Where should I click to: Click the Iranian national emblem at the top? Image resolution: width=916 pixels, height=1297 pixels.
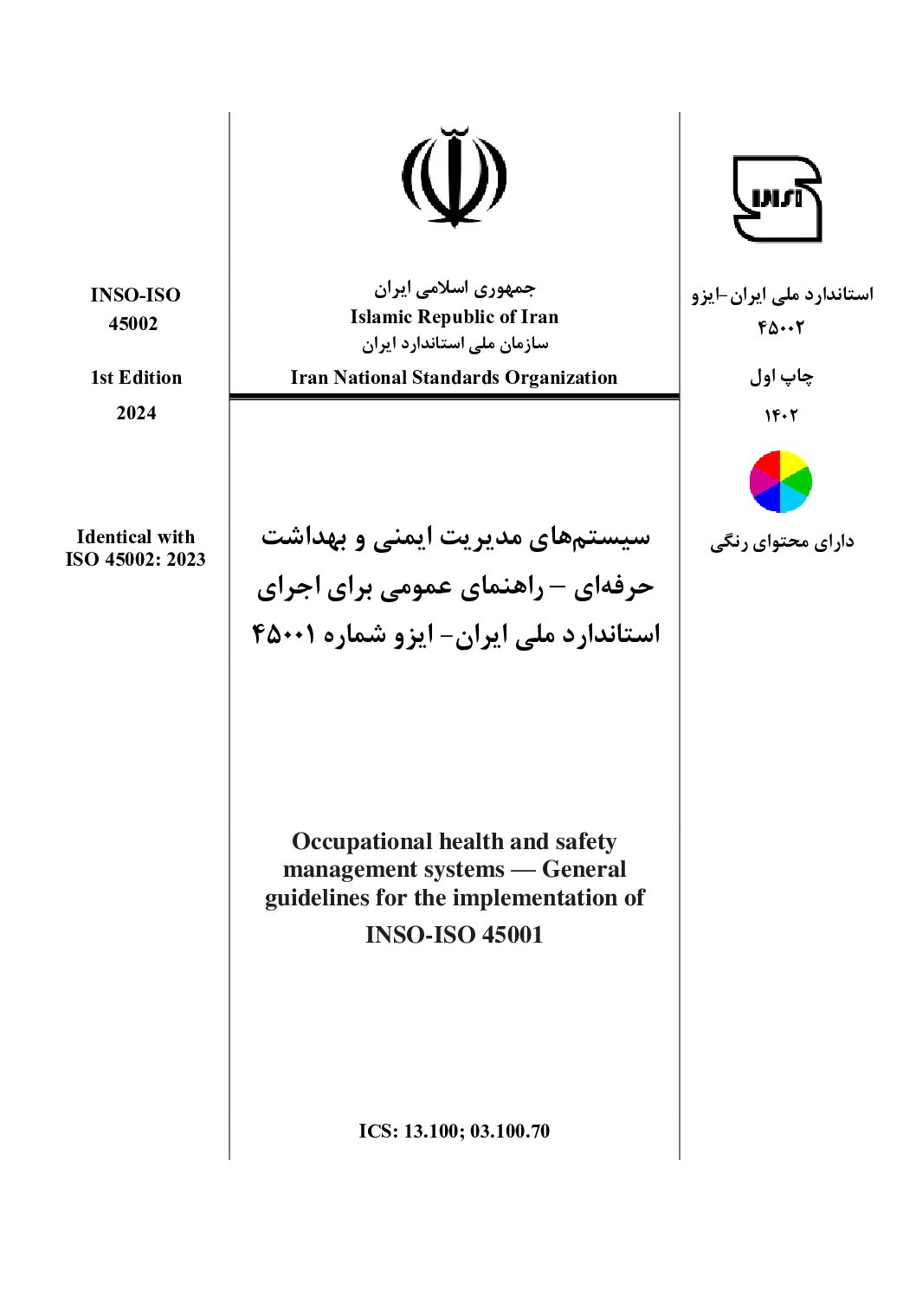click(454, 177)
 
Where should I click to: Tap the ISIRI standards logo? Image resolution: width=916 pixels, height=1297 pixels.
click(777, 198)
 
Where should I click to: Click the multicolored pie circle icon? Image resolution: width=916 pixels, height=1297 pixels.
click(780, 482)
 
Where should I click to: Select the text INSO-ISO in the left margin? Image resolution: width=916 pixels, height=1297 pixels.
click(136, 295)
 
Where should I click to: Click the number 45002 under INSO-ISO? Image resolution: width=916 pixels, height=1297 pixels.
click(133, 324)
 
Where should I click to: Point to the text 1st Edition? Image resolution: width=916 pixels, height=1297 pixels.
click(137, 378)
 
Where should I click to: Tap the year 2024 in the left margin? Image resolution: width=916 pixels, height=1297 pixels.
click(136, 413)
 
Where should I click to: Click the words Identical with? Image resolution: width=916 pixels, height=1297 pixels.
click(136, 537)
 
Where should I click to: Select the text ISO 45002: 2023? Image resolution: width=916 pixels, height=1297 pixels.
click(136, 560)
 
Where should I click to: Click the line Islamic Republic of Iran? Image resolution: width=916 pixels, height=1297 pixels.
click(454, 317)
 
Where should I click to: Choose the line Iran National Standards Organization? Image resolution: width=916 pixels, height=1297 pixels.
click(454, 378)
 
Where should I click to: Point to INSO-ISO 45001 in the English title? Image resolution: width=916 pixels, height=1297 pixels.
click(454, 935)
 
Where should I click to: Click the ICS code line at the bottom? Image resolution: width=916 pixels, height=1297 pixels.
click(454, 1132)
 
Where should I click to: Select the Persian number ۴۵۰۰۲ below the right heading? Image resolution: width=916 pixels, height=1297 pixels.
click(781, 328)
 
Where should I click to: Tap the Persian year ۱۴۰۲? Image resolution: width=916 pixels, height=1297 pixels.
click(780, 416)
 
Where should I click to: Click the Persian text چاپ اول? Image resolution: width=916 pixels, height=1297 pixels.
click(781, 377)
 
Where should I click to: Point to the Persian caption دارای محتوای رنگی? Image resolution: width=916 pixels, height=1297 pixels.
click(782, 542)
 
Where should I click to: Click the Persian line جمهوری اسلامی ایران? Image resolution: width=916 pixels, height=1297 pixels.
click(455, 288)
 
